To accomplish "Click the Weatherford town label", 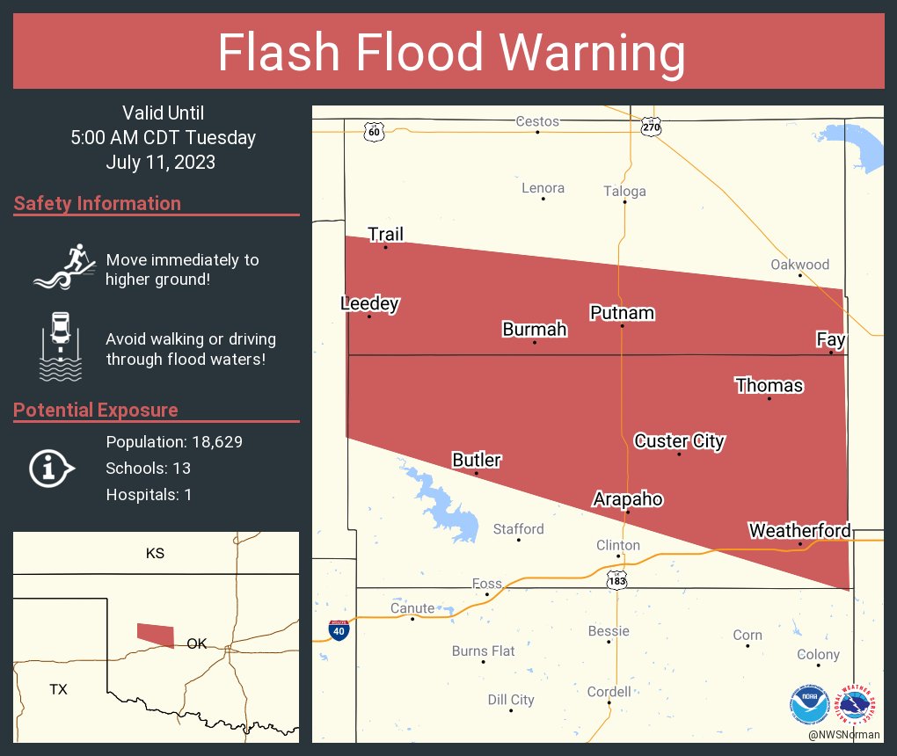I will pos(799,530).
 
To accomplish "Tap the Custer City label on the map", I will pos(679,440).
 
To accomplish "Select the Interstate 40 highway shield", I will pos(338,629).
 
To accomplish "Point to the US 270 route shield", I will pos(651,127).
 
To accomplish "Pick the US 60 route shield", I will pos(374,132).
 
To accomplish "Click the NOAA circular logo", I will pos(809,704).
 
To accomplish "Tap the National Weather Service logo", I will pos(857,704).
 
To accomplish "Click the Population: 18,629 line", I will pos(174,441).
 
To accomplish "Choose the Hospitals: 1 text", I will pos(149,494).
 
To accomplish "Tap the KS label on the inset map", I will pos(155,554).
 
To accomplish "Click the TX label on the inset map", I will pos(58,689).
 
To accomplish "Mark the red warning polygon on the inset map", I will pos(156,634).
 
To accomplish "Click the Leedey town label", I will pos(369,304).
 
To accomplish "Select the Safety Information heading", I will pos(98,204).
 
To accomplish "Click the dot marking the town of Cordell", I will pos(609,703).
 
